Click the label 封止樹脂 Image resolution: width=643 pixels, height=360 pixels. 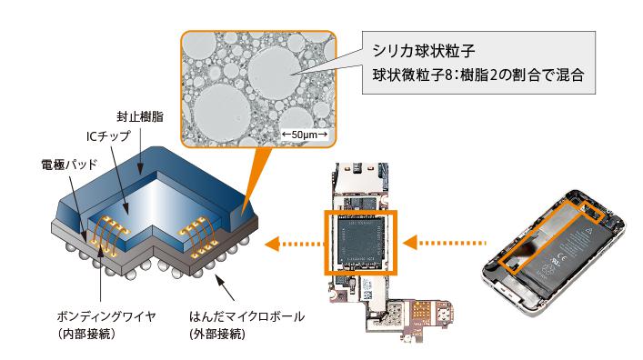(140, 117)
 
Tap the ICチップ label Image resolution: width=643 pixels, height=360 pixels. (108, 136)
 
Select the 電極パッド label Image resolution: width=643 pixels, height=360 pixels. (69, 165)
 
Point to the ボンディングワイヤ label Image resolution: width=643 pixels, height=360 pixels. (106, 316)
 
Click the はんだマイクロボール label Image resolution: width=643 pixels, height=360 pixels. (246, 316)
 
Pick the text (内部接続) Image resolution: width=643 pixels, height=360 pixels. (86, 334)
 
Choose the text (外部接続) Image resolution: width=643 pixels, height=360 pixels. (217, 334)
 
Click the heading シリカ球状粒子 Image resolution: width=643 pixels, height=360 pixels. (424, 51)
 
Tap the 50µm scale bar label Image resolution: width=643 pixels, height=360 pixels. (305, 134)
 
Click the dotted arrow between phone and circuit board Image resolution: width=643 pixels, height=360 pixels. (445, 243)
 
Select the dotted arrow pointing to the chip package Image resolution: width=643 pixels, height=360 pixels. (295, 244)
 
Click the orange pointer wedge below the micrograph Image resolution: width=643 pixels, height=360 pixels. (255, 172)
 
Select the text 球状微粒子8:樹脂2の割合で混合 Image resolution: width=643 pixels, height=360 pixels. (478, 75)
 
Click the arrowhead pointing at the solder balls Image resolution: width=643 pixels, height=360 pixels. (219, 281)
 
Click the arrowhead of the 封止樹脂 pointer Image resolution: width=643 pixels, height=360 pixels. (140, 168)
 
